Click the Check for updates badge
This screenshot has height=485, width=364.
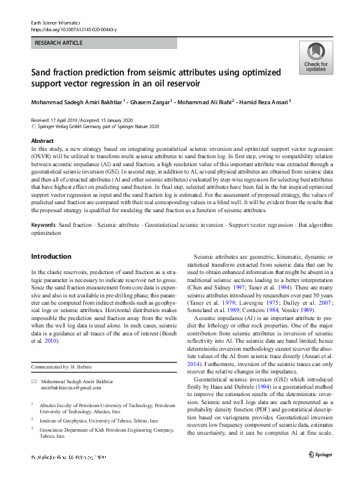pyautogui.click(x=316, y=59)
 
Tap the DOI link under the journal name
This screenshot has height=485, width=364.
pyautogui.click(x=74, y=29)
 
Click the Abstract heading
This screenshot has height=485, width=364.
pyautogui.click(x=42, y=141)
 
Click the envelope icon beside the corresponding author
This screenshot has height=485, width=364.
pyautogui.click(x=34, y=381)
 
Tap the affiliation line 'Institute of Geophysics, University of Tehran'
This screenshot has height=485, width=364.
pyautogui.click(x=98, y=421)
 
